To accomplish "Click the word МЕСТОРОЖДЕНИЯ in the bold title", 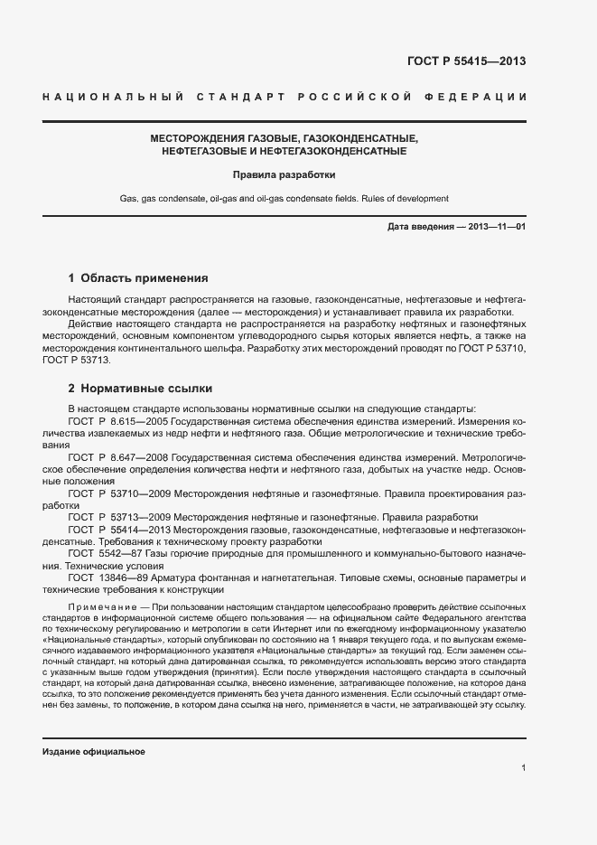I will (x=198, y=138).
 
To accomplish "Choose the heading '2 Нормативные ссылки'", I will (x=140, y=389).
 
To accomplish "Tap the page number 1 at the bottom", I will (x=523, y=767).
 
